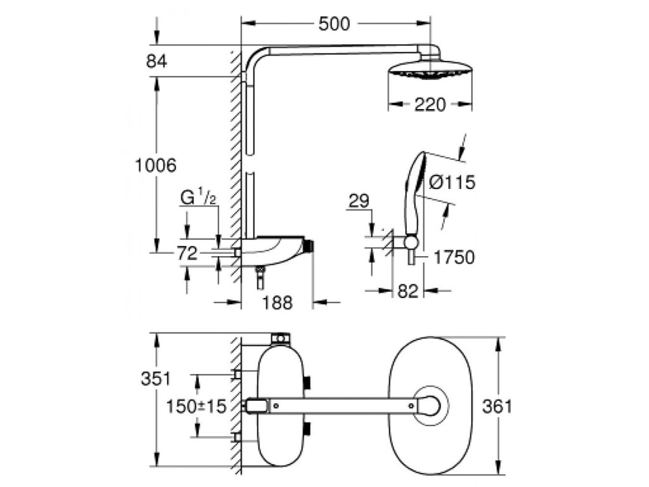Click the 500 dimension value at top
click(334, 23)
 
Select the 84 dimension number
click(157, 62)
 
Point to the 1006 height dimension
click(156, 166)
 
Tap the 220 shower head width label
click(430, 105)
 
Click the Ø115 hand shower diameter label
click(452, 182)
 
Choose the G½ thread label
click(198, 197)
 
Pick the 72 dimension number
click(187, 253)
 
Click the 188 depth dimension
click(278, 302)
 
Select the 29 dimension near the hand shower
click(359, 201)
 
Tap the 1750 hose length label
click(454, 257)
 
